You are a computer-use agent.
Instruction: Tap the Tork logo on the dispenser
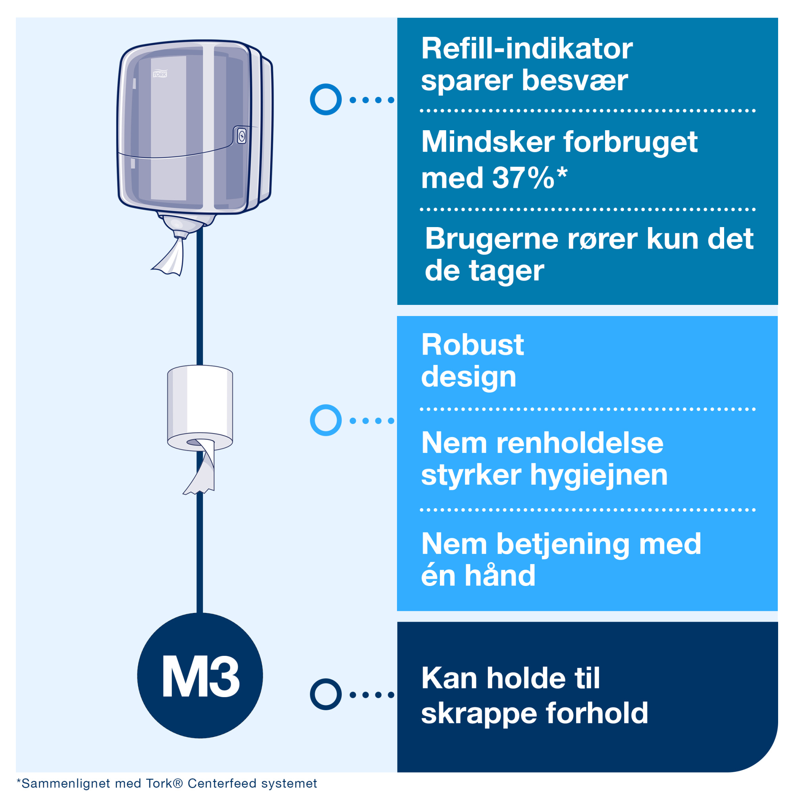coord(160,74)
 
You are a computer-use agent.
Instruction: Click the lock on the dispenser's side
coord(242,136)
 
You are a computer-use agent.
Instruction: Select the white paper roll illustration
coord(200,405)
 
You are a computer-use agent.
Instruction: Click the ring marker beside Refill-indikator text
coord(326,100)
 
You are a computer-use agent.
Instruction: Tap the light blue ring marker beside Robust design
coord(326,420)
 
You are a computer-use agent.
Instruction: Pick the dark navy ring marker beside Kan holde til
coord(326,694)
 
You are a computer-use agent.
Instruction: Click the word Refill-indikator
coord(526,49)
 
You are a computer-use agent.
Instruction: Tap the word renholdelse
coord(580,443)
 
